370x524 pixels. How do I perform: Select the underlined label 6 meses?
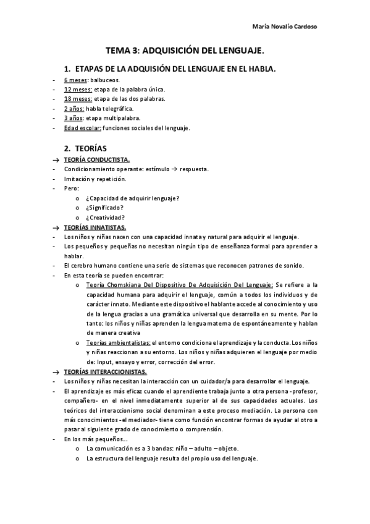pos(74,80)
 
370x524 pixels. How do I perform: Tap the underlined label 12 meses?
pos(77,89)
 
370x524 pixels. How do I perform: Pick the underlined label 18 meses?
pos(78,98)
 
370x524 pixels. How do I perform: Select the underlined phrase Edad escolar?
pos(82,128)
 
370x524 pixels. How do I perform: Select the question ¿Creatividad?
pos(106,218)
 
